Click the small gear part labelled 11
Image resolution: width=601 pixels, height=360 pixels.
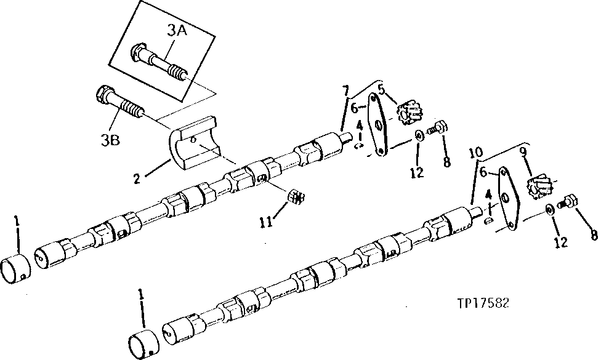[296, 197]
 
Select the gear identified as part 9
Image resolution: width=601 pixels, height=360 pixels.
[540, 185]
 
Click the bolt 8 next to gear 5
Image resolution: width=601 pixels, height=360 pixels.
[439, 129]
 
